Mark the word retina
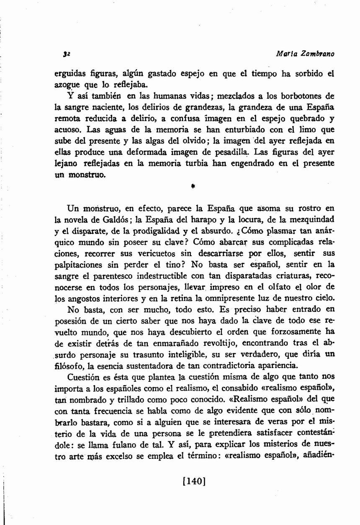coord(193,298)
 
